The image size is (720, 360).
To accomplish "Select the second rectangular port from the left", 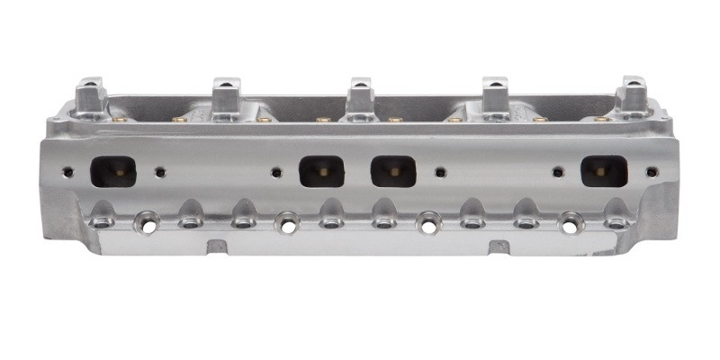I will pyautogui.click(x=322, y=170).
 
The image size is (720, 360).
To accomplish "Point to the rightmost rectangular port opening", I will pyautogui.click(x=603, y=170).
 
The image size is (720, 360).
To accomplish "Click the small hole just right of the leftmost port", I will pyautogui.click(x=160, y=171).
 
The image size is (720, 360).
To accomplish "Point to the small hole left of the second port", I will pyautogui.click(x=277, y=170).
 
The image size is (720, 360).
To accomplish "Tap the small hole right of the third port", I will pyautogui.click(x=440, y=170).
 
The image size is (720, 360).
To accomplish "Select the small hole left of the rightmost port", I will pyautogui.click(x=558, y=170).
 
